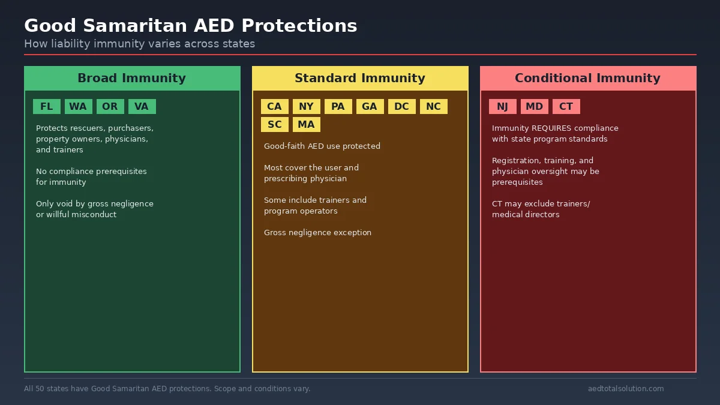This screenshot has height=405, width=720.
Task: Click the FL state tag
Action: [47, 107]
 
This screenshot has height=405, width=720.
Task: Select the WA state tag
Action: [78, 107]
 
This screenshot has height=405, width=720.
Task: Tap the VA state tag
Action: [142, 107]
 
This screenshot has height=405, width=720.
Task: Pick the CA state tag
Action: [274, 107]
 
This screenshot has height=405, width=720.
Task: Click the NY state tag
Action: [306, 107]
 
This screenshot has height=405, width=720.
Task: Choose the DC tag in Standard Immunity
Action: [401, 107]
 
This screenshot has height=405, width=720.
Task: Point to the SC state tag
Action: [274, 125]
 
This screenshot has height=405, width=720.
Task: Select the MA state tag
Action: [306, 125]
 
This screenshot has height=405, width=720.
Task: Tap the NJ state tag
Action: [502, 107]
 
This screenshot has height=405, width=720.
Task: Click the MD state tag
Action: [534, 107]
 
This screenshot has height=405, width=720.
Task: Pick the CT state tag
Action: [566, 107]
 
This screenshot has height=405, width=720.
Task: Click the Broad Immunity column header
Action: [132, 79]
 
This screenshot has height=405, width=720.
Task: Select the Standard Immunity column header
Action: [360, 79]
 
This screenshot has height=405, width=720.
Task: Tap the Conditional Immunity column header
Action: [588, 79]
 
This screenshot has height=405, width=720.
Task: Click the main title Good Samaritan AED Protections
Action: [190, 26]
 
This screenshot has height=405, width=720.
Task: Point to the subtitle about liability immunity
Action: [139, 44]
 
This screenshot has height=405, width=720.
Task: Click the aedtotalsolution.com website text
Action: [626, 389]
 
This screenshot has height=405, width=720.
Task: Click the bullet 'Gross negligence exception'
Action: [317, 233]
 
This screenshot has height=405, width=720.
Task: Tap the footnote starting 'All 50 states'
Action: [167, 389]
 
